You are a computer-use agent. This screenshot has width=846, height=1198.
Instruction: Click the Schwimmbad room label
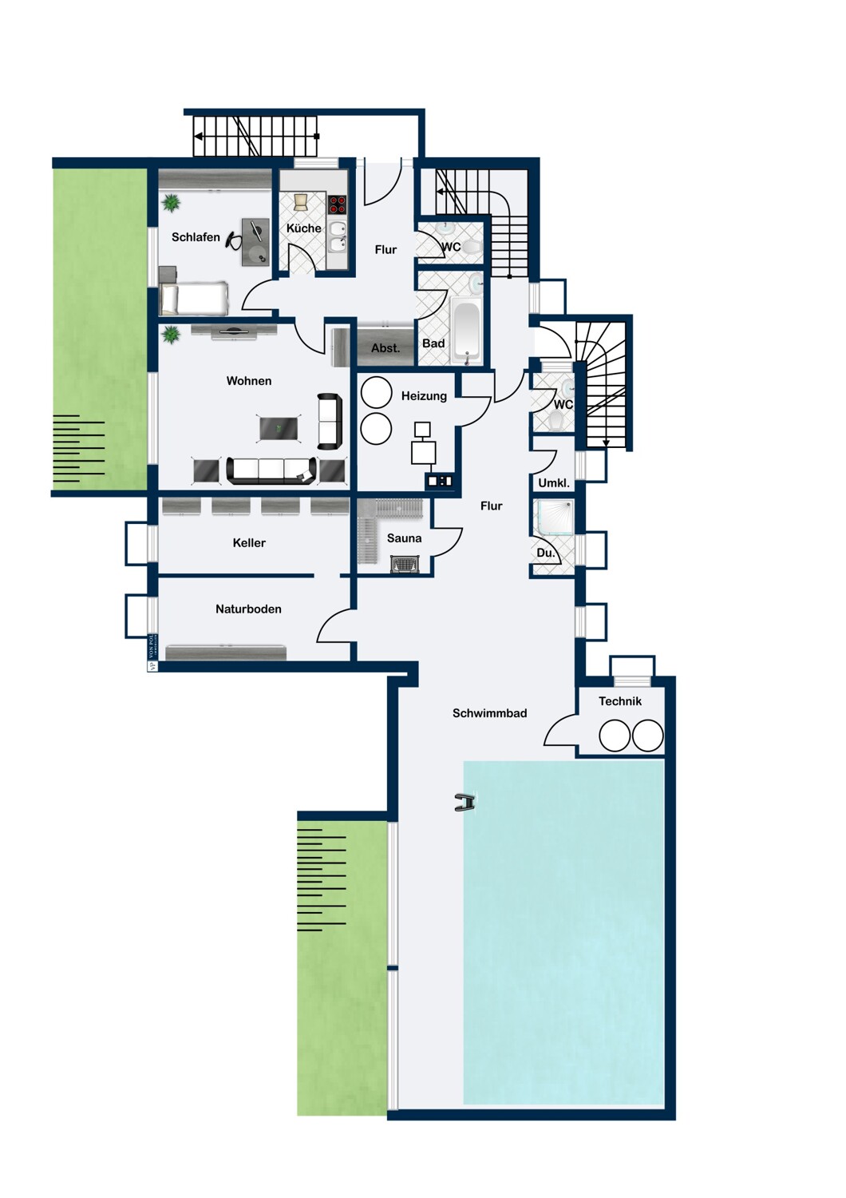pyautogui.click(x=489, y=713)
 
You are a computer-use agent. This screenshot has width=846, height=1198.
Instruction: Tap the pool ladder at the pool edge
pyautogui.click(x=465, y=803)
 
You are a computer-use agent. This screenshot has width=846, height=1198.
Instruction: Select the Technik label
pyautogui.click(x=619, y=701)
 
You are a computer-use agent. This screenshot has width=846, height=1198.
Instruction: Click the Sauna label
pyautogui.click(x=404, y=538)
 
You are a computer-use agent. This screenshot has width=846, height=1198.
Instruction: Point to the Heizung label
pyautogui.click(x=424, y=396)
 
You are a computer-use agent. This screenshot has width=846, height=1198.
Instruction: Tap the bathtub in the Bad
pyautogui.click(x=466, y=331)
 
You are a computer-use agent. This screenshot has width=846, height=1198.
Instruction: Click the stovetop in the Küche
pyautogui.click(x=338, y=204)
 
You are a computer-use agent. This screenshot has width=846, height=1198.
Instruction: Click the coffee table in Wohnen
pyautogui.click(x=279, y=429)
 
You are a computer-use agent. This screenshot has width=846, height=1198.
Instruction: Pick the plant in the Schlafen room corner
pyautogui.click(x=171, y=203)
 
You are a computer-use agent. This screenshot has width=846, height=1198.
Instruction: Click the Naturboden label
pyautogui.click(x=248, y=609)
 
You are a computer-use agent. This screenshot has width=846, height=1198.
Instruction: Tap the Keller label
pyautogui.click(x=249, y=543)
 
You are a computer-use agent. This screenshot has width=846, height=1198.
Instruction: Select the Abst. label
pyautogui.click(x=385, y=348)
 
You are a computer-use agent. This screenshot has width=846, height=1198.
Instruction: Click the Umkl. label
pyautogui.click(x=554, y=483)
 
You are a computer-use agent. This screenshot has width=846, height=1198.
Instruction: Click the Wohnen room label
pyautogui.click(x=249, y=381)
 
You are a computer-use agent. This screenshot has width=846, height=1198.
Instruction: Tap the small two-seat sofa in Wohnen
pyautogui.click(x=330, y=421)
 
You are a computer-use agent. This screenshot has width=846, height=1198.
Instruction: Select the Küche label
pyautogui.click(x=303, y=228)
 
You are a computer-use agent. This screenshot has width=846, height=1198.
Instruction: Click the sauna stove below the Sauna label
pyautogui.click(x=405, y=565)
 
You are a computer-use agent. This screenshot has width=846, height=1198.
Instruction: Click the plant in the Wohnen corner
pyautogui.click(x=171, y=334)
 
